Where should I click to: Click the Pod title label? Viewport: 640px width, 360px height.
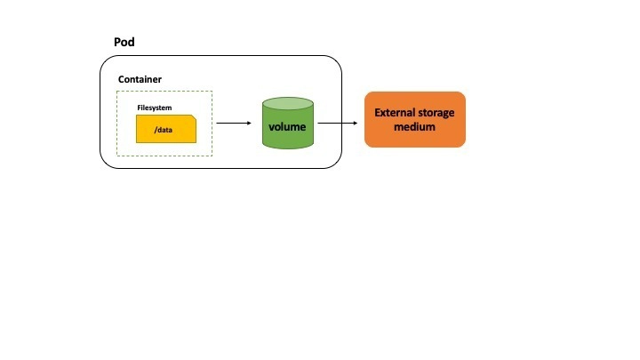pos(124,43)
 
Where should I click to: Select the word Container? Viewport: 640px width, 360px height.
pos(140,79)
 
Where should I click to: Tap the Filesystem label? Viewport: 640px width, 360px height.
pos(155,108)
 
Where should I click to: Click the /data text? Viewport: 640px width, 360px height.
pos(164,130)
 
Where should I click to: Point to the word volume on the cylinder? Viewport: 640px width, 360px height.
pos(287,127)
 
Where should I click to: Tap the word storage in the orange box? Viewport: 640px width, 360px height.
pos(436,113)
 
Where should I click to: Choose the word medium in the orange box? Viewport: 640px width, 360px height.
pos(415,127)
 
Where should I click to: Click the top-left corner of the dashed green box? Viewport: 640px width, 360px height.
pos(117,91)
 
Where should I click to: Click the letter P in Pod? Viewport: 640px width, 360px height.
pos(118,43)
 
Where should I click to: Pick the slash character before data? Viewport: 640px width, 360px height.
pos(156,130)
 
